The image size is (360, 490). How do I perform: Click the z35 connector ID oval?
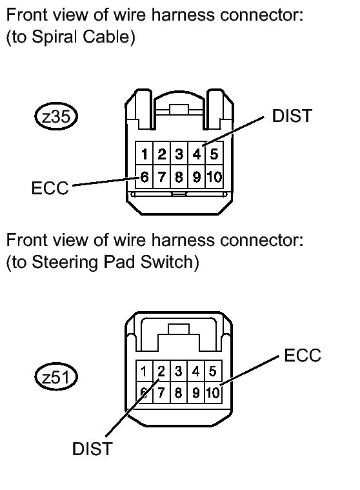tap(56, 117)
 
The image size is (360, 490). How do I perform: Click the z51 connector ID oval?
tap(56, 377)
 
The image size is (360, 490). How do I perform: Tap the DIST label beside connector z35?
tap(292, 116)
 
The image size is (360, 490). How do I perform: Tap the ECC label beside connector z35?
tap(50, 188)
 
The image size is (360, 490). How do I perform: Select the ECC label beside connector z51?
tap(303, 355)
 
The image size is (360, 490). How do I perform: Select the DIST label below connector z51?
tap(92, 449)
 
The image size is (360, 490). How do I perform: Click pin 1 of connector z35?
tap(145, 154)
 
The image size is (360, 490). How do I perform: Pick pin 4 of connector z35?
tap(197, 154)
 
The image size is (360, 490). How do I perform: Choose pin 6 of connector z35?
tap(145, 177)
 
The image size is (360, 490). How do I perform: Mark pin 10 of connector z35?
tap(214, 177)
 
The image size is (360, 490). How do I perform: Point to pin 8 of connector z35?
tap(179, 177)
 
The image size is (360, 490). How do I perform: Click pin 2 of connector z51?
tap(161, 371)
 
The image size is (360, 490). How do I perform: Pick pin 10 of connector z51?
tap(213, 393)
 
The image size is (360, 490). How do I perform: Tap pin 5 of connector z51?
tap(213, 371)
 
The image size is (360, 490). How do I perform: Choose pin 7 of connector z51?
tap(161, 393)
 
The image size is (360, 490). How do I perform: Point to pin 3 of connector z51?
tap(178, 371)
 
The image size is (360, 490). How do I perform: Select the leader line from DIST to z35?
tap(234, 131)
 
